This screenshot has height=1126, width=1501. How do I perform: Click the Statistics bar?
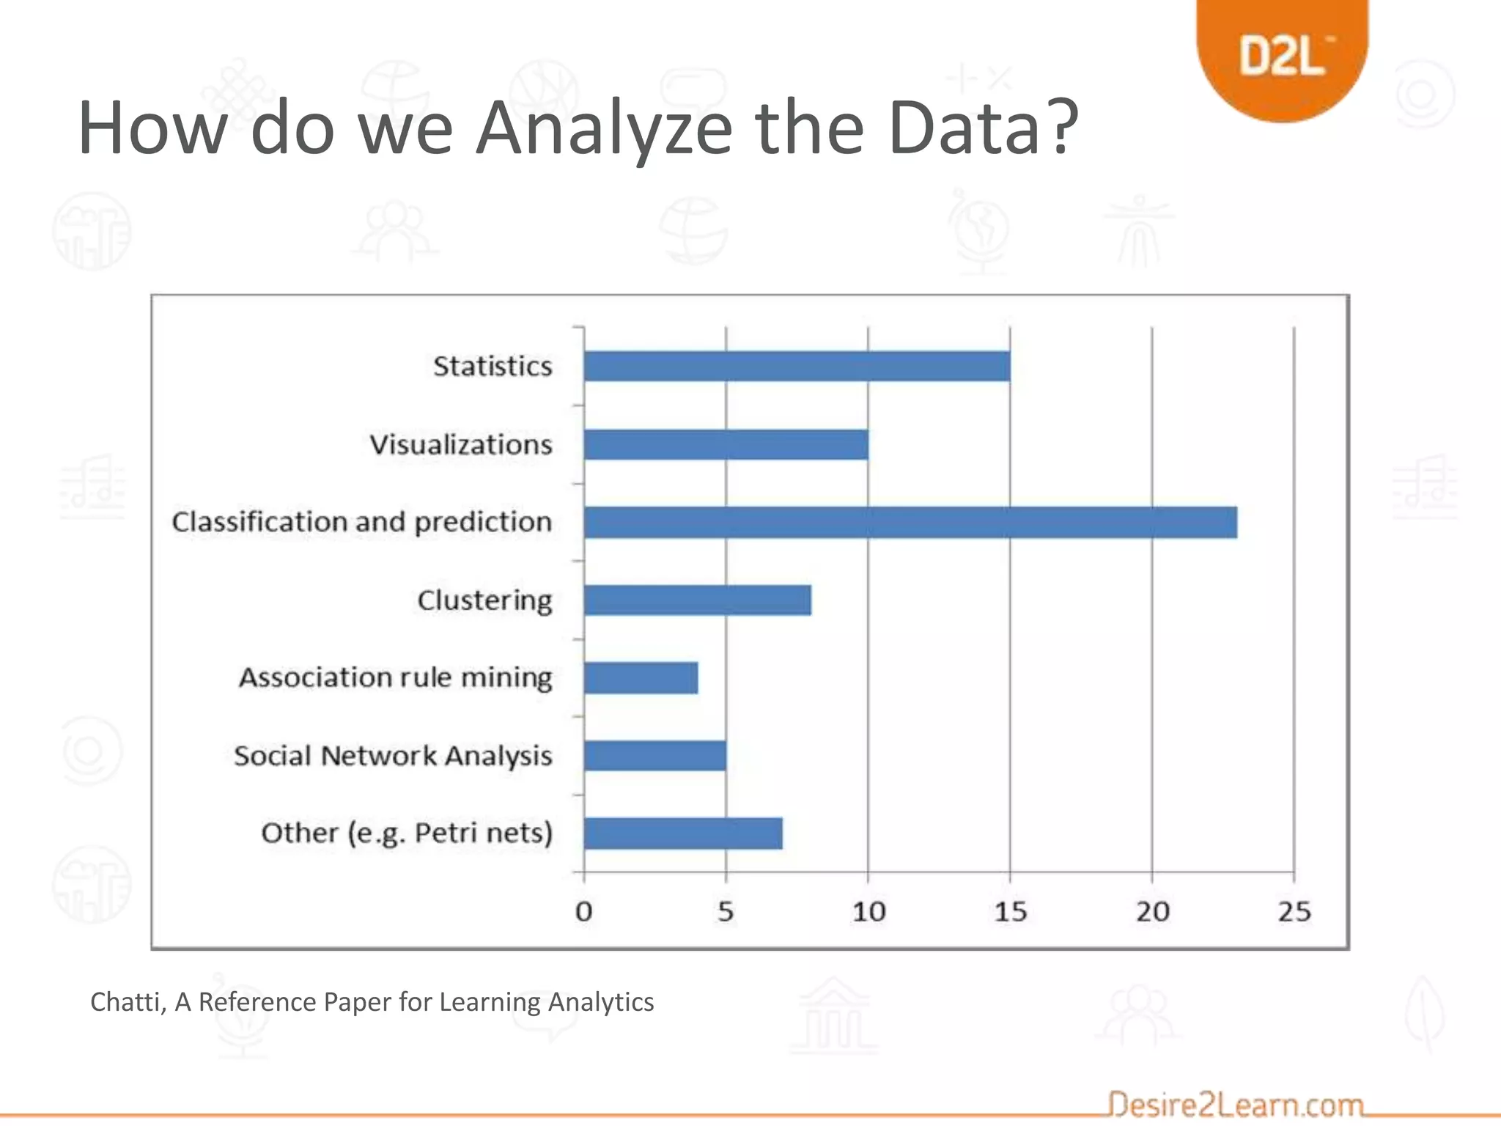pos(797,367)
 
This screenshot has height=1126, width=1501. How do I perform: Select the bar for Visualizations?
pos(726,444)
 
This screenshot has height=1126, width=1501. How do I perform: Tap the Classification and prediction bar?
pos(910,522)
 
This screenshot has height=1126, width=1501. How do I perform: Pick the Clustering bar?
pos(697,600)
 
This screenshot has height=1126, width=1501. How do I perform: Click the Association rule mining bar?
pos(641,678)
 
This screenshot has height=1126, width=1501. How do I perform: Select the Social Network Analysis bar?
pos(654,756)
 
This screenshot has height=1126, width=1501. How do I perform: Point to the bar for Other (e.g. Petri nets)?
pos(683,834)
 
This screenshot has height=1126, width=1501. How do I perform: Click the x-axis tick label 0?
pos(583,912)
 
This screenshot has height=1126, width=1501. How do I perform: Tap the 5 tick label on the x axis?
pos(726,912)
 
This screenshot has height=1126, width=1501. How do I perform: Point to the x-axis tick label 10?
pos(868,912)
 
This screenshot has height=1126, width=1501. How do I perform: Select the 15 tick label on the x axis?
pos(1011,912)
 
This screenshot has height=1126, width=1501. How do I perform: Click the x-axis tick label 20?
pos(1153,912)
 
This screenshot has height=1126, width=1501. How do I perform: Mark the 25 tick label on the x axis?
pos(1295,912)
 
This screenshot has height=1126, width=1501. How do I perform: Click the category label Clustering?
pos(484,600)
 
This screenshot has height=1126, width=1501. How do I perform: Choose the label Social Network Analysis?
pos(393,756)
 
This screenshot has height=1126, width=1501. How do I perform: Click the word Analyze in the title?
pos(603,129)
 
